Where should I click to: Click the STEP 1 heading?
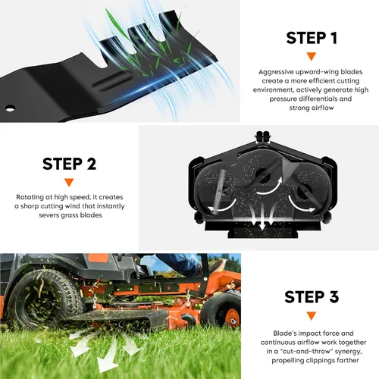312,38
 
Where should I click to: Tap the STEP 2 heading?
69,164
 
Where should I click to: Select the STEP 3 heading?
312,296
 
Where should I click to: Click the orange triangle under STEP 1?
312,56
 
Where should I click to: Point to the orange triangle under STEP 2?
69,182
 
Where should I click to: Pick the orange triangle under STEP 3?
312,316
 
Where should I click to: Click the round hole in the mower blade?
10,108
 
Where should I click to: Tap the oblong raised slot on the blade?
111,80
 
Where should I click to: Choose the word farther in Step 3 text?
347,360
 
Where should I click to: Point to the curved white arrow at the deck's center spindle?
271,187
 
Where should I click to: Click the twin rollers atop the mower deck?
263,136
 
